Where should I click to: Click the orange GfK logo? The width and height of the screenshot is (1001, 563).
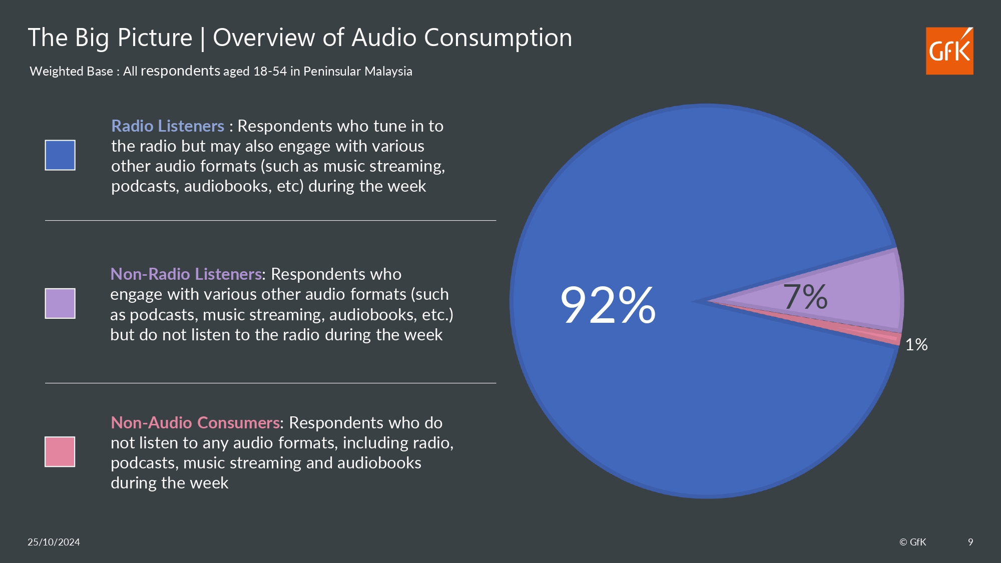[x=949, y=51]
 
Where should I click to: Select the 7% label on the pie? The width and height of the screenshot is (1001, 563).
[x=805, y=296]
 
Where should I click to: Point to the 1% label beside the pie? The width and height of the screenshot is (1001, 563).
[x=916, y=345]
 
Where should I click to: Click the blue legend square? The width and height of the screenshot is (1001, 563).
[x=60, y=155]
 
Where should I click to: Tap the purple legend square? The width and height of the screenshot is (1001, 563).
[x=60, y=303]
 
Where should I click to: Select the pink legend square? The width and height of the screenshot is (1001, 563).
[x=60, y=451]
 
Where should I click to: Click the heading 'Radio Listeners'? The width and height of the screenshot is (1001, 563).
[x=168, y=126]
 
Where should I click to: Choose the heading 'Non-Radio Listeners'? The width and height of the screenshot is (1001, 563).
[x=186, y=274]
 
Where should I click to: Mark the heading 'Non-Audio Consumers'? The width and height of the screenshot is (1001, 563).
[x=195, y=423]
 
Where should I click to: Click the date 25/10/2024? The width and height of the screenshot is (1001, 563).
[x=54, y=542]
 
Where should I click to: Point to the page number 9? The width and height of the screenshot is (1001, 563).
[x=970, y=542]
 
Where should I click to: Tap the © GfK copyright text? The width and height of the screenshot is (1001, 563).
[x=912, y=542]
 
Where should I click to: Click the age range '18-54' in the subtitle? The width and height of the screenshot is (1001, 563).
[x=270, y=72]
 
